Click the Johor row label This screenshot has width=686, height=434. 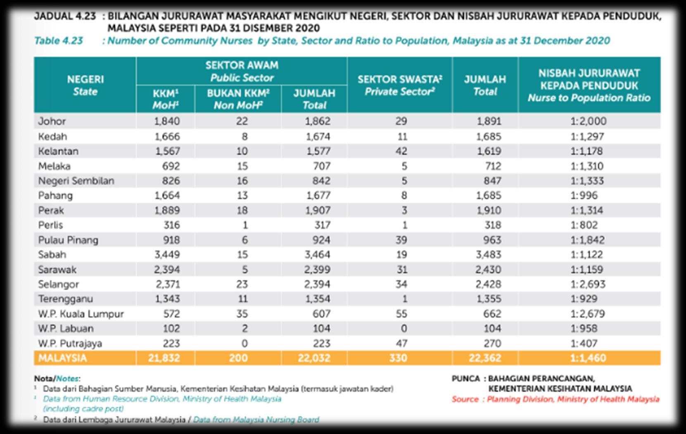click(52, 121)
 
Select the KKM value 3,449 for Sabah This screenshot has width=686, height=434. click(167, 255)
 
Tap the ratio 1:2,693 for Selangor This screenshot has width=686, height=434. click(588, 284)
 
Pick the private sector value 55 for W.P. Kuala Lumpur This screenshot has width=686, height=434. click(401, 314)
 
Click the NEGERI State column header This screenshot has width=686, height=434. click(85, 85)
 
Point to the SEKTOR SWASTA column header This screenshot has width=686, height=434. click(399, 85)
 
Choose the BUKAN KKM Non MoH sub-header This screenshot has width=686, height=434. click(238, 99)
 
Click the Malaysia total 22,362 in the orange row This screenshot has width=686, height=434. click(485, 358)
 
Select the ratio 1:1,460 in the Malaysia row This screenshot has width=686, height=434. click(588, 358)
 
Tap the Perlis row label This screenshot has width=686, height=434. click(50, 225)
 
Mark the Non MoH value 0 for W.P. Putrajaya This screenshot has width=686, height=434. click(244, 343)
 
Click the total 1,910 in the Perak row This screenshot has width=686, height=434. click(489, 210)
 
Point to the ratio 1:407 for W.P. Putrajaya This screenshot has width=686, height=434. click(584, 343)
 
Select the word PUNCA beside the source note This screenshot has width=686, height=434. click(465, 379)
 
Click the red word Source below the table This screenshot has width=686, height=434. click(465, 399)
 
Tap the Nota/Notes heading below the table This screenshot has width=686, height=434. click(57, 379)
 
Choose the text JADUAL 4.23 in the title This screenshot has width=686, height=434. click(65, 17)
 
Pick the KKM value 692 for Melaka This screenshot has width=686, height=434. click(171, 166)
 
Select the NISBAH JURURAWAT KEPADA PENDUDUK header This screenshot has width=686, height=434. click(589, 85)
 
